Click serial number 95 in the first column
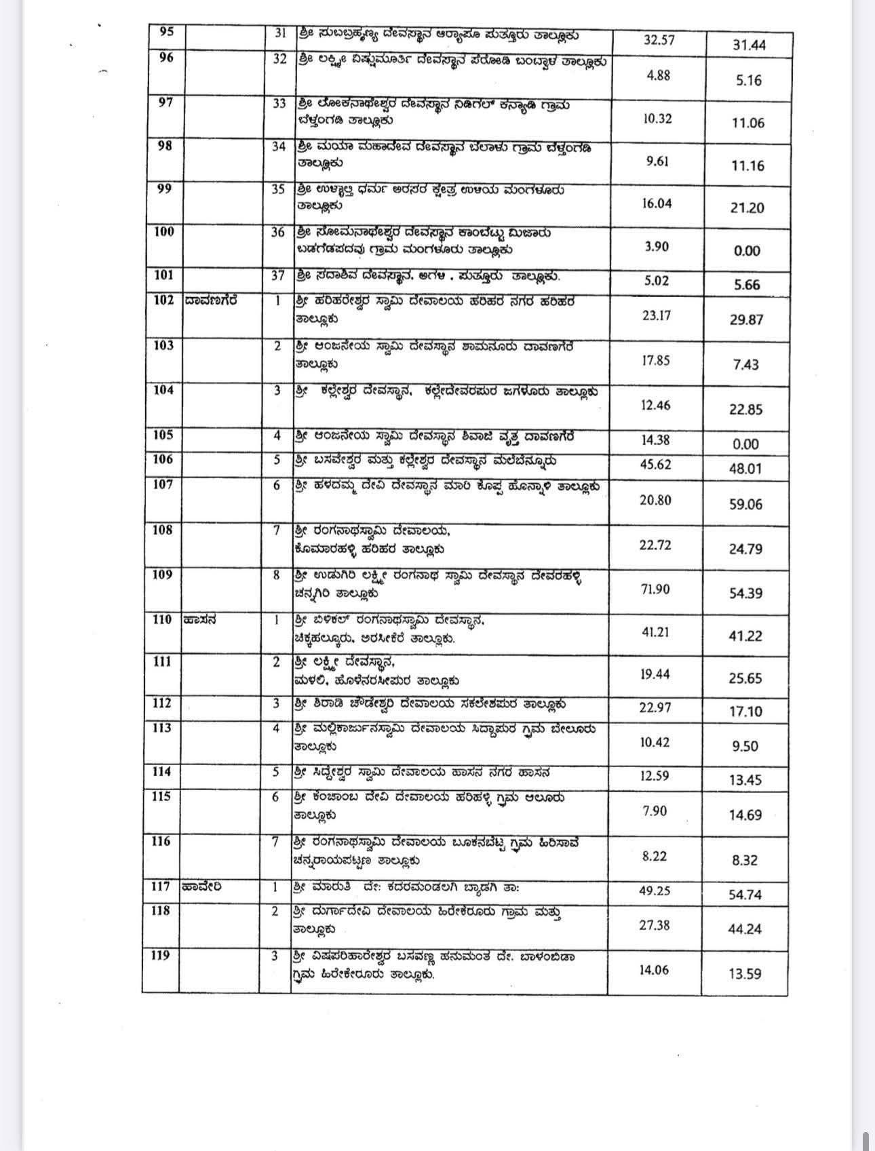pos(166,32)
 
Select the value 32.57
pos(659,39)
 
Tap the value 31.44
pos(749,45)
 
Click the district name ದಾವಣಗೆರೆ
pos(211,300)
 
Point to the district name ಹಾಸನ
pos(199,619)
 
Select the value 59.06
pos(745,504)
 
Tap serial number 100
pos(164,232)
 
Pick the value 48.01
pos(745,469)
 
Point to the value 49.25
pos(655,891)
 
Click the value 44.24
pos(745,929)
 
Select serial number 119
pos(161,956)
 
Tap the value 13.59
pos(745,973)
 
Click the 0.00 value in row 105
pos(745,444)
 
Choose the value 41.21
pos(655,631)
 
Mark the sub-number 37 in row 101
pos(278,275)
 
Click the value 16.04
pos(657,203)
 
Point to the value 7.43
pos(745,365)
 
